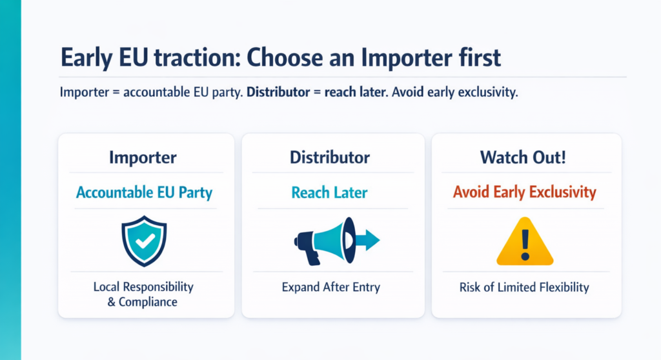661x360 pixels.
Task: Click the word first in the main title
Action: pos(474,57)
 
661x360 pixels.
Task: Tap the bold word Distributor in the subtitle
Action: pos(279,92)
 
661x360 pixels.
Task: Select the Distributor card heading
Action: pos(330,157)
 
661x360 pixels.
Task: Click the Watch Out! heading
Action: pos(524,157)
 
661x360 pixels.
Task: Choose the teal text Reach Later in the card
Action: pos(329,192)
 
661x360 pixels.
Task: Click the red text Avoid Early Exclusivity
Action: pos(524,192)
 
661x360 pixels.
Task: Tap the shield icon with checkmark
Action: pos(145,241)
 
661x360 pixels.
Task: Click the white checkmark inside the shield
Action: pos(145,239)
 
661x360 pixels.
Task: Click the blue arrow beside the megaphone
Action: pos(367,241)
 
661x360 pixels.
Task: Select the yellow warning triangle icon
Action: pos(524,243)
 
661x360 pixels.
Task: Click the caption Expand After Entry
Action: pos(330,287)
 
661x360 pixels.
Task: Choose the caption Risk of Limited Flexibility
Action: pos(524,287)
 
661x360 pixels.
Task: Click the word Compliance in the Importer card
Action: pos(148,301)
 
